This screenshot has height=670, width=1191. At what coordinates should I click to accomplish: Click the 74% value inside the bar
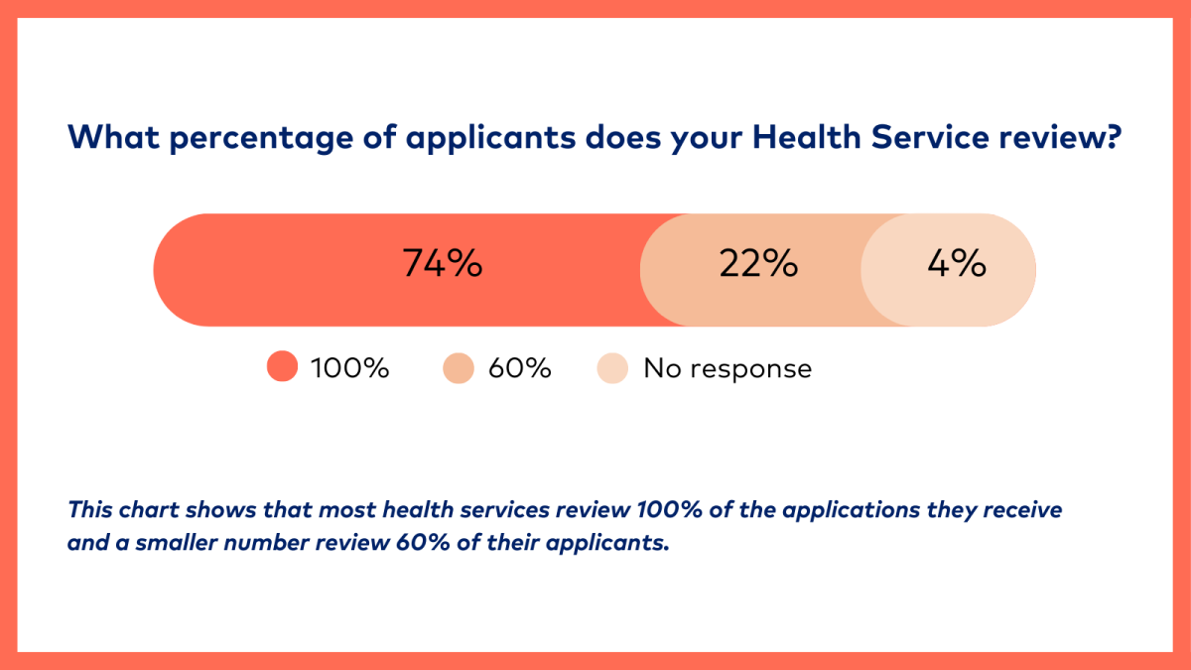[x=442, y=265]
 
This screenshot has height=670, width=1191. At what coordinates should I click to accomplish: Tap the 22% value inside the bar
[x=758, y=265]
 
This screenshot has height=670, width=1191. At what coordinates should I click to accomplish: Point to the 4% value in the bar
[x=956, y=265]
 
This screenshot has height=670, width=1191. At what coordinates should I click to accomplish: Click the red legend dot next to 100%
[x=283, y=368]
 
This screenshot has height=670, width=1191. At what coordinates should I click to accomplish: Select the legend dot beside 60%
[x=459, y=368]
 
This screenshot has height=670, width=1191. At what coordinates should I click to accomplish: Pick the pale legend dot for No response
[x=612, y=368]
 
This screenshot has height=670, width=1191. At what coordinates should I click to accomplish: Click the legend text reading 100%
[x=350, y=368]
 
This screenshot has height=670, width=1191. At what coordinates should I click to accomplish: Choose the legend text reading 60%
[x=519, y=368]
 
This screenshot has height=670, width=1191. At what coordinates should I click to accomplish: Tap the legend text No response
[x=728, y=368]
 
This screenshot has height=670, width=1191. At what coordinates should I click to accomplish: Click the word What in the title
[x=112, y=137]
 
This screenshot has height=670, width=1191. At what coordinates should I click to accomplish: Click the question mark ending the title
[x=1114, y=137]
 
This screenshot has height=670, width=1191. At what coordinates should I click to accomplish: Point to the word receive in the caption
[x=1025, y=510]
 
